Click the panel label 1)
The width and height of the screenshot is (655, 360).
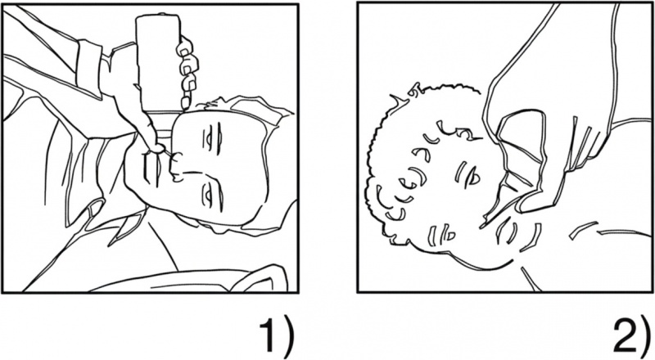[x=277, y=336]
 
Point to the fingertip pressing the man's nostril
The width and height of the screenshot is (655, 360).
[x=156, y=147]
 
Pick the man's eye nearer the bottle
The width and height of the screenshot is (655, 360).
[x=212, y=137]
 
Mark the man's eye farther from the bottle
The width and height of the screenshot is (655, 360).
[x=212, y=196]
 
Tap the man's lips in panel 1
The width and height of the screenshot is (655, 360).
[x=151, y=169]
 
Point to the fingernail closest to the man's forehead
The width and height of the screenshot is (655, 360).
[x=186, y=103]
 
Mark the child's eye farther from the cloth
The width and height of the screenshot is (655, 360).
[x=443, y=233]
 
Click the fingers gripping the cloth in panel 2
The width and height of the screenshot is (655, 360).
[x=580, y=146]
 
